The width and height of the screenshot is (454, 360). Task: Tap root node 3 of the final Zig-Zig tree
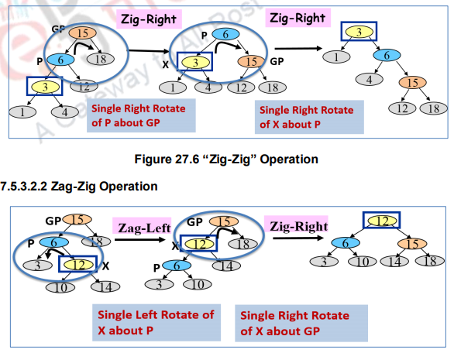pyautogui.click(x=359, y=31)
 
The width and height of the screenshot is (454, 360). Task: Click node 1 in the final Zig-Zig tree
pyautogui.click(x=335, y=57)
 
